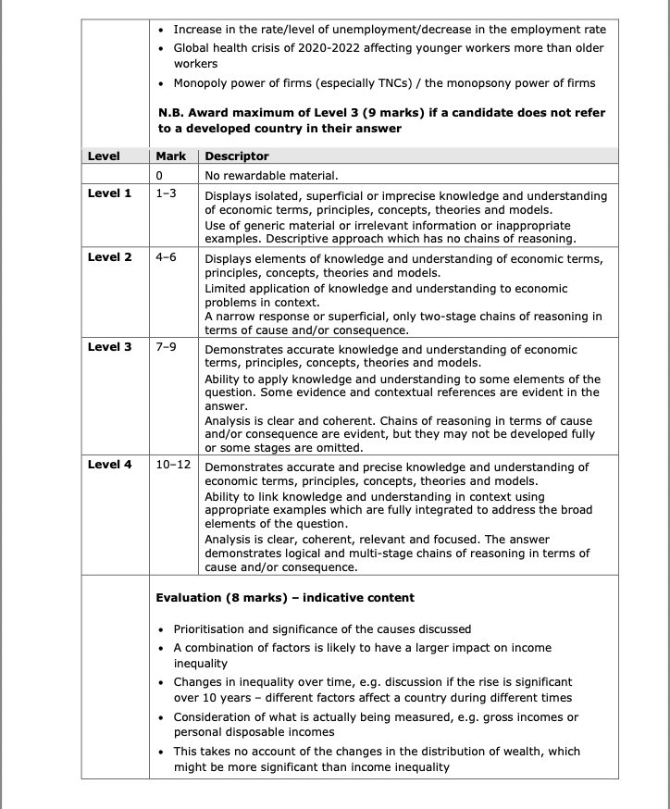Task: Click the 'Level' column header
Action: point(104,156)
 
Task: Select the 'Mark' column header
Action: point(171,156)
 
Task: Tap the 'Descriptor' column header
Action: point(237,156)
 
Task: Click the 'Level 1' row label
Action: point(109,193)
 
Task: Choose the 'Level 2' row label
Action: point(109,256)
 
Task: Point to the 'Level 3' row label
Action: point(109,347)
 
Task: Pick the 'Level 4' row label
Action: point(109,464)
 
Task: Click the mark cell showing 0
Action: point(159,175)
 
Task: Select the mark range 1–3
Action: point(166,193)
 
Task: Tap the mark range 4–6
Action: point(166,256)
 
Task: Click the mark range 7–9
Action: point(166,347)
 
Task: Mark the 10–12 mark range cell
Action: point(173,464)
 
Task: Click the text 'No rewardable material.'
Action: point(271,175)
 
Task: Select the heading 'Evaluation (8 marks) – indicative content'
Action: point(285,597)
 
